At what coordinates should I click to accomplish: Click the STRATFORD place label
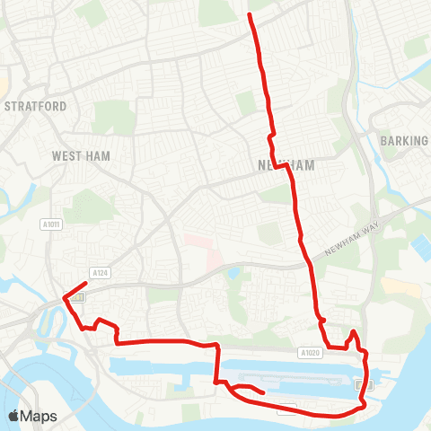coord(36,106)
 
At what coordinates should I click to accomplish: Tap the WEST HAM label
coord(80,156)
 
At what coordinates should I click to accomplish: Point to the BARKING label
coord(404,141)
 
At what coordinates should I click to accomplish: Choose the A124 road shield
coord(99,271)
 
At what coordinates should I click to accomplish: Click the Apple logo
coord(13,416)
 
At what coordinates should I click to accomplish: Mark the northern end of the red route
coord(249,14)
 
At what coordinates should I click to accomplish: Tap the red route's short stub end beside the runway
coord(262,392)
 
